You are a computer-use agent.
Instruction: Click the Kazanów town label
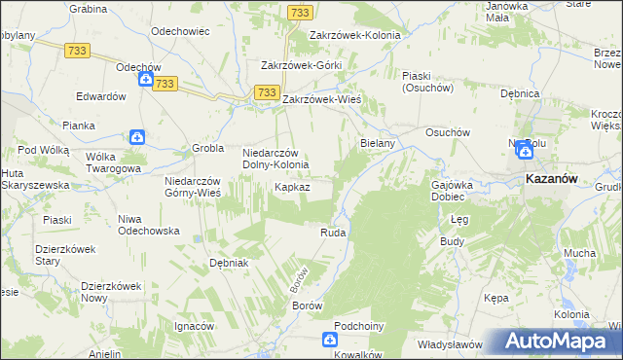[x=552, y=180]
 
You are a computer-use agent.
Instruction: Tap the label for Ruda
[x=334, y=234]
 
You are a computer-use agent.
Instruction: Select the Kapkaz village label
[x=292, y=186]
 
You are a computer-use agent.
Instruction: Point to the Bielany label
[x=377, y=143]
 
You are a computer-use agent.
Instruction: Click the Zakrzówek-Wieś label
[x=322, y=99]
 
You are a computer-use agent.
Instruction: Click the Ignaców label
[x=193, y=326]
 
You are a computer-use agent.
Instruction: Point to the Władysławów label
[x=451, y=344]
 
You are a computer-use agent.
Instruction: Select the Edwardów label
[x=102, y=97]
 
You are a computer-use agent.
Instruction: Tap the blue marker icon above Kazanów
[x=527, y=149]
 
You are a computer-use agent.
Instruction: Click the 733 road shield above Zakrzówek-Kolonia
[x=300, y=12]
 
